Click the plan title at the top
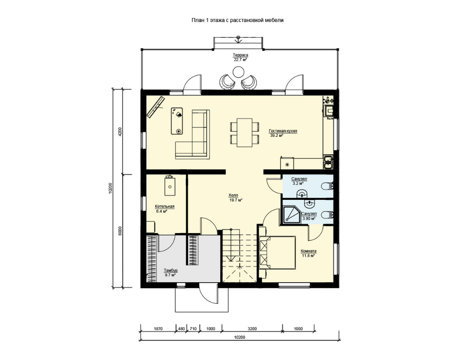point(237,20)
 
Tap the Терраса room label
point(240,55)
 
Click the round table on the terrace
point(238,72)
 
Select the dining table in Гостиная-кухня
point(244,132)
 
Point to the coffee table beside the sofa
point(177,121)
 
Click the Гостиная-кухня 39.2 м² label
point(283,133)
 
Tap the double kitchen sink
point(328,162)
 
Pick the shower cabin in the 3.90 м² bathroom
point(291,214)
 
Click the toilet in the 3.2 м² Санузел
point(327,187)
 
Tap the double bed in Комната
point(277,252)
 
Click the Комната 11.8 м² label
point(309,253)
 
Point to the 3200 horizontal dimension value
point(252,328)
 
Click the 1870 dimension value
point(158,328)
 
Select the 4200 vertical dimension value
point(120,132)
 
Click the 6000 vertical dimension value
point(120,231)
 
